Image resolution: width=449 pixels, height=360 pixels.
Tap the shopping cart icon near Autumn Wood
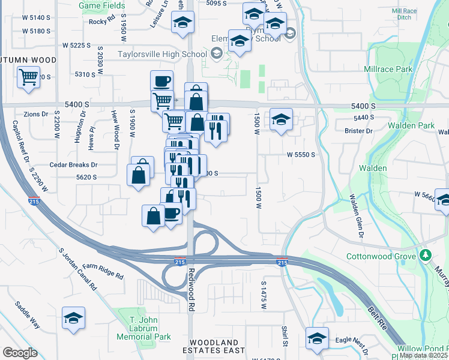point(28,77)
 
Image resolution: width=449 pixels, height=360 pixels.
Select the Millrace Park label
point(388,69)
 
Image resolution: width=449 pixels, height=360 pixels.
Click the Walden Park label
point(411,125)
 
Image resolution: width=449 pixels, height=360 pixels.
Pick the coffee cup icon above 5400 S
point(161,80)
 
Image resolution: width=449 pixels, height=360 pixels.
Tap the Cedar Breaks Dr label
point(73,164)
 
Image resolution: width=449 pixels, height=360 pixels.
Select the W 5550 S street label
point(301,154)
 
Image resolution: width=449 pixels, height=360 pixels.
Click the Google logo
point(20,353)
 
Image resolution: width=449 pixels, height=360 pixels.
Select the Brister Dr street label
point(359,130)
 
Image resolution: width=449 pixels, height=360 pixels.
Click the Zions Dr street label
point(36,114)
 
